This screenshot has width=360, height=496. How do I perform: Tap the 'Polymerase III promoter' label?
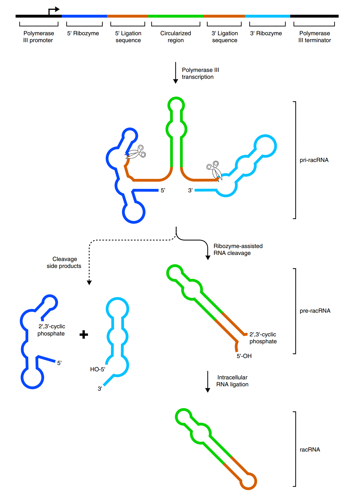pyautogui.click(x=38, y=37)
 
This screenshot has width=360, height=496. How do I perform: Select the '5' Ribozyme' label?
pyautogui.click(x=83, y=33)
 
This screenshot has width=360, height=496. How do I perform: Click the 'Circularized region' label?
pyautogui.click(x=176, y=37)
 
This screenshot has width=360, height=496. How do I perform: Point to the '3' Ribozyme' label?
pyautogui.click(x=266, y=33)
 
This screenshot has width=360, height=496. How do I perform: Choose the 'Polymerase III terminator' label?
pyautogui.click(x=314, y=37)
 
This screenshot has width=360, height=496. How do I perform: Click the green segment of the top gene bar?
pyautogui.click(x=176, y=16)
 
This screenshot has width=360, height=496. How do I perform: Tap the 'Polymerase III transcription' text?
pyautogui.click(x=200, y=73)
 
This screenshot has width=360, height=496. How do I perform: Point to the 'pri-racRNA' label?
pyautogui.click(x=314, y=160)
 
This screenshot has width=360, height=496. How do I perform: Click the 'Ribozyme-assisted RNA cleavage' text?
pyautogui.click(x=238, y=249)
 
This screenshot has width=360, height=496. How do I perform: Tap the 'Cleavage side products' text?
pyautogui.click(x=64, y=262)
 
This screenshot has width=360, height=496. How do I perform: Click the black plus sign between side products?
pyautogui.click(x=84, y=335)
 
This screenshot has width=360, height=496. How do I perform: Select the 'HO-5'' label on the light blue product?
pyautogui.click(x=97, y=369)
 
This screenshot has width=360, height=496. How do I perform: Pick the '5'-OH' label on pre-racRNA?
pyautogui.click(x=244, y=356)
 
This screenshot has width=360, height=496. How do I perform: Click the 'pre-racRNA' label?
pyautogui.click(x=315, y=311)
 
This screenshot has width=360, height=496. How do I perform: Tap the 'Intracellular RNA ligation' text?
pyautogui.click(x=232, y=381)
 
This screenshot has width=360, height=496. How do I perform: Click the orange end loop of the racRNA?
pyautogui.click(x=248, y=481)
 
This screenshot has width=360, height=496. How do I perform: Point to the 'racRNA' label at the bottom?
pyautogui.click(x=310, y=450)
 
